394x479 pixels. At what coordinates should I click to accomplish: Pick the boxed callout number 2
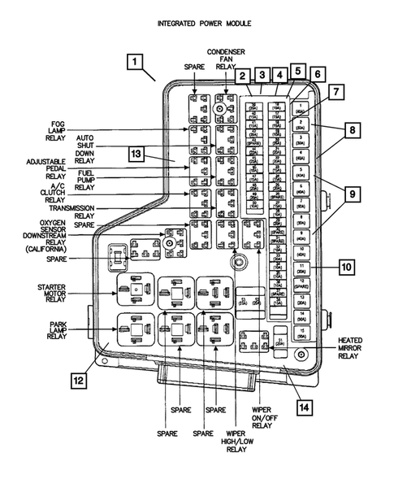coord(242,76)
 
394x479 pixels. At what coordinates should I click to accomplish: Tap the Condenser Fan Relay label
coord(226,59)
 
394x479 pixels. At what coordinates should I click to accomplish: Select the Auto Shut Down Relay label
coord(85,146)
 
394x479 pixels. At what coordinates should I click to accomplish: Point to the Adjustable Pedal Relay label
coord(51,168)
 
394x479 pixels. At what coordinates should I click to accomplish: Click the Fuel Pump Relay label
coord(85,181)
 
